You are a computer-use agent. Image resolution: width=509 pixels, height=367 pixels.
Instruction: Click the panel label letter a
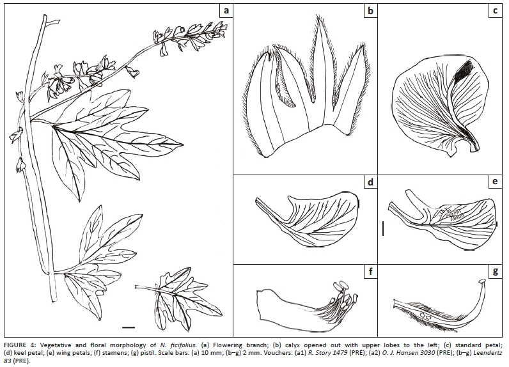point(226,11)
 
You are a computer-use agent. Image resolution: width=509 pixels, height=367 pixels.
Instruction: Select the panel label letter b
point(370,11)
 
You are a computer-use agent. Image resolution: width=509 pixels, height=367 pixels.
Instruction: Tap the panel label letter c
point(495,11)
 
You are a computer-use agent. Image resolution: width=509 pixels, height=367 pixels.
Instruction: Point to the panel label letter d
point(370,182)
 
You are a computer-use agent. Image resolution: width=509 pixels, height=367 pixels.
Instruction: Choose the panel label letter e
point(495,182)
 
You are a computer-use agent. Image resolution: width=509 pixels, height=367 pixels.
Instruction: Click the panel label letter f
point(370,271)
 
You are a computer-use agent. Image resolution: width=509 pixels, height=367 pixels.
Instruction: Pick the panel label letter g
point(495,272)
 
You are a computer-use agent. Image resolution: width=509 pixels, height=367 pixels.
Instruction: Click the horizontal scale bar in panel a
point(129,327)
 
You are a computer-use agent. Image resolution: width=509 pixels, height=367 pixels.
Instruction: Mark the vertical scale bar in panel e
point(384,228)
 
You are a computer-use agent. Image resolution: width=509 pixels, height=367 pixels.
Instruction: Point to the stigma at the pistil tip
point(483,281)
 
